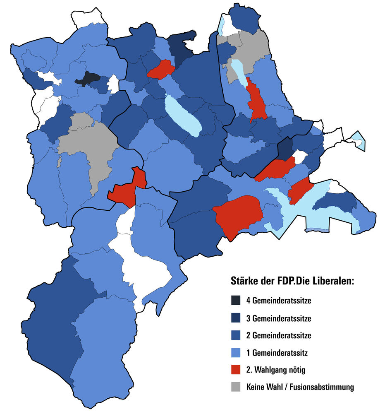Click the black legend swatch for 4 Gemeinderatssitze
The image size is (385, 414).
tap(236, 300)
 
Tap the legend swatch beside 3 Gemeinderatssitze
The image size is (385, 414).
tap(236, 318)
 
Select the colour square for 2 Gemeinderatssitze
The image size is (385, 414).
tap(236, 335)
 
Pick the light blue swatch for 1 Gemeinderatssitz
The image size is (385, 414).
tap(236, 353)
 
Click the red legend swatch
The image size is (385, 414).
tap(236, 370)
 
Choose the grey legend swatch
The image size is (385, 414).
tap(236, 387)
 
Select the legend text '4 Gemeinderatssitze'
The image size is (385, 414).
tap(278, 301)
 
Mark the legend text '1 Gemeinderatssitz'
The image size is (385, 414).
tap(277, 353)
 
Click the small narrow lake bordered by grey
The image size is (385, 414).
tap(237, 71)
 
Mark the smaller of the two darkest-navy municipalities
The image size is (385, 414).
tap(285, 149)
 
